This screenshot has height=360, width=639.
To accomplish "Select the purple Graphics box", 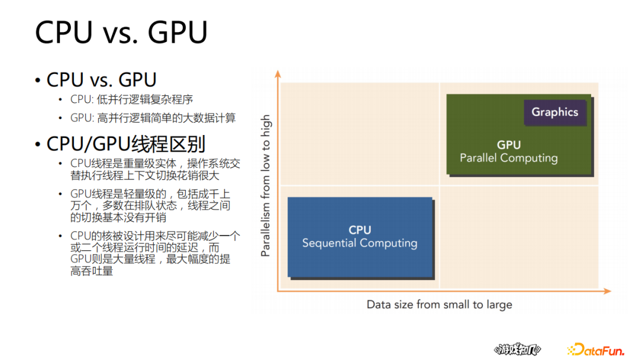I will pos(554,112).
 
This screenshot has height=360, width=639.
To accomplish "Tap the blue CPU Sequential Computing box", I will pos(360,237).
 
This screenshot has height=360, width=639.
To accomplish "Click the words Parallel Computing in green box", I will pos(508,158).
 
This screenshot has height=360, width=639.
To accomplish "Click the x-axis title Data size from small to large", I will pos(439,305).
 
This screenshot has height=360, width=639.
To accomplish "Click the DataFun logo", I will pos(595,350).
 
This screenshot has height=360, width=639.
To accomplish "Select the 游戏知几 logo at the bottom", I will pos(517,350).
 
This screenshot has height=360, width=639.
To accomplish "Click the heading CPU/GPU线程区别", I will pos(125,144).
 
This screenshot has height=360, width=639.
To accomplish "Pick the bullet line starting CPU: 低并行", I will pos(131,99).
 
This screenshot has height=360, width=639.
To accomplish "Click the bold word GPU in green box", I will pos(508,145).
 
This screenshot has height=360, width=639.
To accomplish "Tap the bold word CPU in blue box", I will pos(360,230).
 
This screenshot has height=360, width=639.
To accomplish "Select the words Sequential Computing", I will pos(360,243).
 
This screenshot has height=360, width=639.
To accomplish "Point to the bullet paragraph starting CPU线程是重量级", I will pos(155,169).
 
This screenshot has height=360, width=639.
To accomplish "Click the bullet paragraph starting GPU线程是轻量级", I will pos(150,205).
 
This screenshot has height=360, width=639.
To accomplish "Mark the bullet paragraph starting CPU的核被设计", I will pos(155,253).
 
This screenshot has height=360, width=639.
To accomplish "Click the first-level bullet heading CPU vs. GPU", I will pos(101,79).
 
